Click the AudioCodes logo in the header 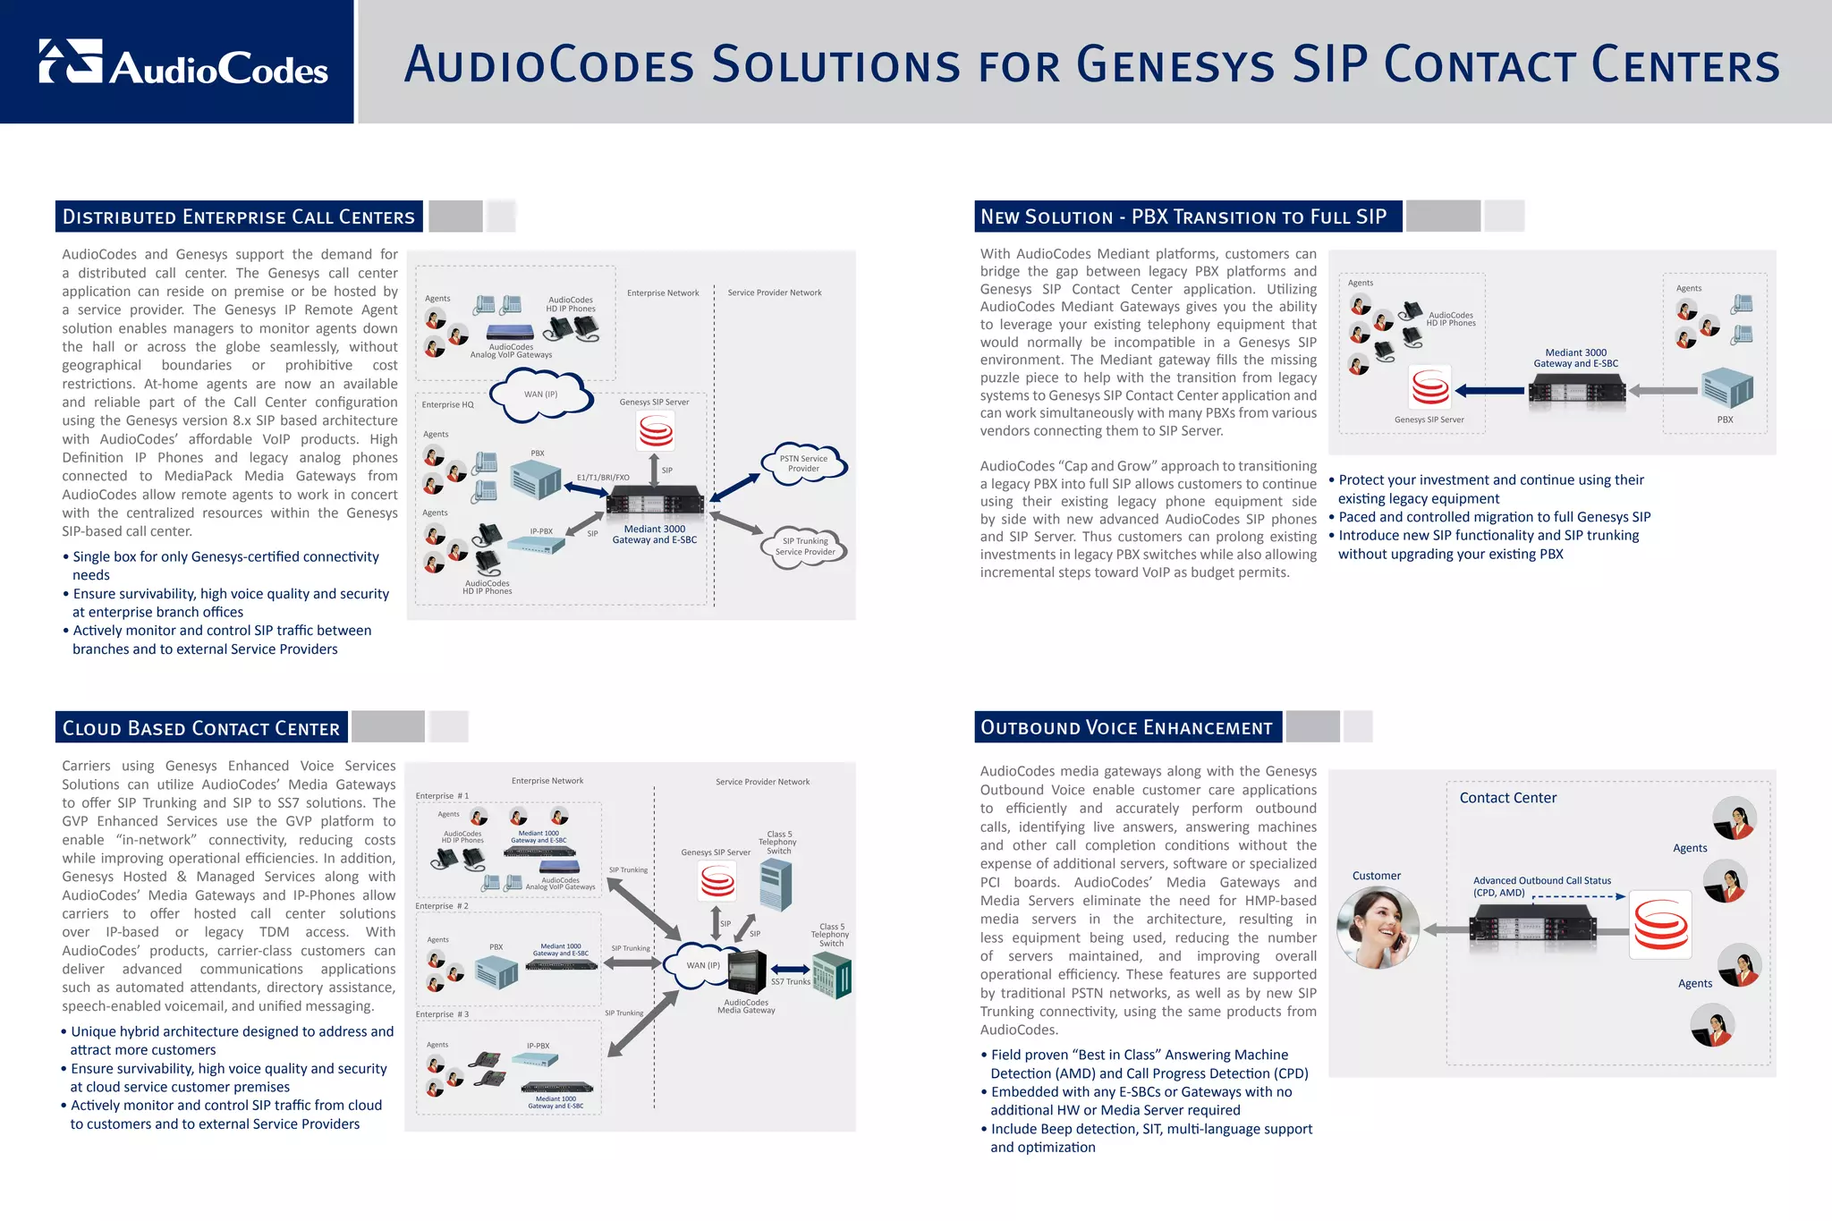[x=183, y=63]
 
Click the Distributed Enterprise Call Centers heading [x=239, y=216]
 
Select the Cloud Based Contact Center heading [x=201, y=728]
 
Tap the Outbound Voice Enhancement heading [x=1127, y=727]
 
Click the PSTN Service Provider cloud [x=803, y=463]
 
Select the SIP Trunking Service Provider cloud [x=805, y=547]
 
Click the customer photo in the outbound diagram [x=1378, y=928]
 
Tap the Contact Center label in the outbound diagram [x=1508, y=798]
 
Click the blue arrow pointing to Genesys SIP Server [x=1490, y=390]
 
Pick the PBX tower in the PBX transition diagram [x=1726, y=387]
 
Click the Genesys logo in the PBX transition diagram [x=1429, y=387]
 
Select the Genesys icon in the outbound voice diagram [x=1661, y=925]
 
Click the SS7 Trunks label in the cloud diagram [x=791, y=982]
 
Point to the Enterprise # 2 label [x=442, y=906]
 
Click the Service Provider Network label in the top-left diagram [x=775, y=293]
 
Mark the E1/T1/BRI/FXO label [x=603, y=478]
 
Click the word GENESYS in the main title [x=1175, y=65]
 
